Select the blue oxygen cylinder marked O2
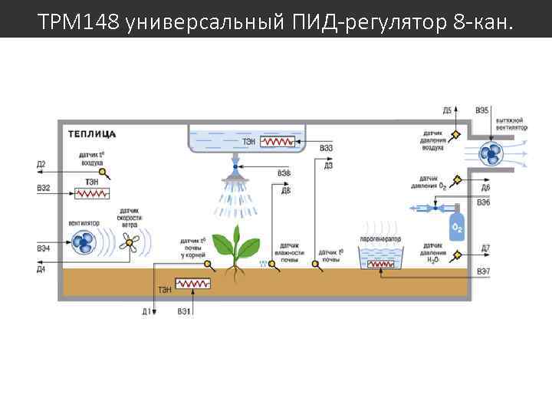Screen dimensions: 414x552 457,228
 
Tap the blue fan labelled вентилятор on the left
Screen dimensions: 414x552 84,244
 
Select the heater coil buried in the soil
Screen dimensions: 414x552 192,284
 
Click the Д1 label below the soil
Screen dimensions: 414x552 147,311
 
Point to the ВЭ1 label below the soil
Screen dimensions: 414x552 184,311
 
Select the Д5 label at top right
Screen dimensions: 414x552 448,111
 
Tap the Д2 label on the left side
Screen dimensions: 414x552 41,164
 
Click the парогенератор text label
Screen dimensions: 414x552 381,239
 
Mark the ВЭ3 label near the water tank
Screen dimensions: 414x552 327,148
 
